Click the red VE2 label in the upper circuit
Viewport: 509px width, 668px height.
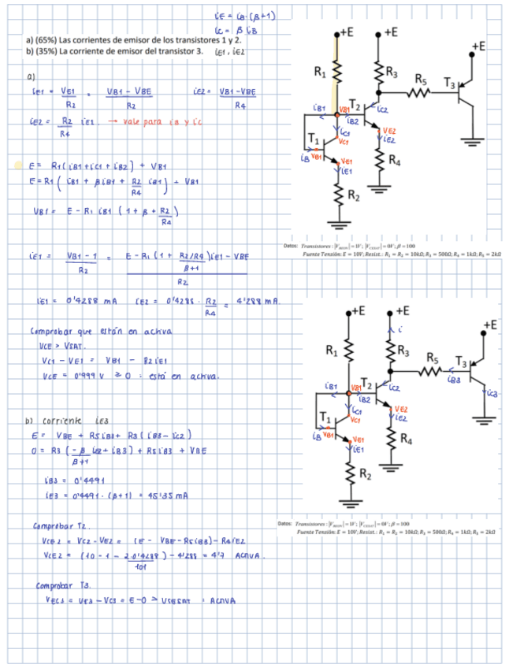point(389,132)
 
